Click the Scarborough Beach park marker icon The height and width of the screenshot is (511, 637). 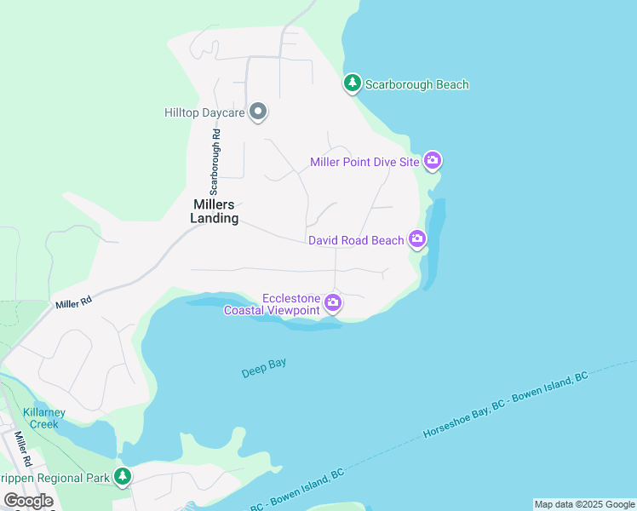(x=352, y=83)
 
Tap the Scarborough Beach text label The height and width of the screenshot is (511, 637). (x=416, y=84)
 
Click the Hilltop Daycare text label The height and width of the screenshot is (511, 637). (x=204, y=112)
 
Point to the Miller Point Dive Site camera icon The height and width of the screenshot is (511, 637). (x=433, y=161)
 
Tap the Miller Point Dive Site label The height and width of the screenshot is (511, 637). (x=364, y=162)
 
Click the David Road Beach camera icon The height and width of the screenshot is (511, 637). (x=417, y=239)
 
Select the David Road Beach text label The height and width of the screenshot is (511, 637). (x=356, y=240)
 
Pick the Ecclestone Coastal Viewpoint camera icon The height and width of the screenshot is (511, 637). (x=333, y=302)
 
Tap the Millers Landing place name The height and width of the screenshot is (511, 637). (x=214, y=210)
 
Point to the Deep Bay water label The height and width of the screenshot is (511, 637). (x=263, y=368)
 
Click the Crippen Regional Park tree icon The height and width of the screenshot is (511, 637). (x=123, y=477)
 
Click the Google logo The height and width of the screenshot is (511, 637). (x=28, y=501)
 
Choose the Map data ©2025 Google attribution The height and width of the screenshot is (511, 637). (x=584, y=504)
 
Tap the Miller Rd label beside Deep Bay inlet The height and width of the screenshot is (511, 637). (x=74, y=301)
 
